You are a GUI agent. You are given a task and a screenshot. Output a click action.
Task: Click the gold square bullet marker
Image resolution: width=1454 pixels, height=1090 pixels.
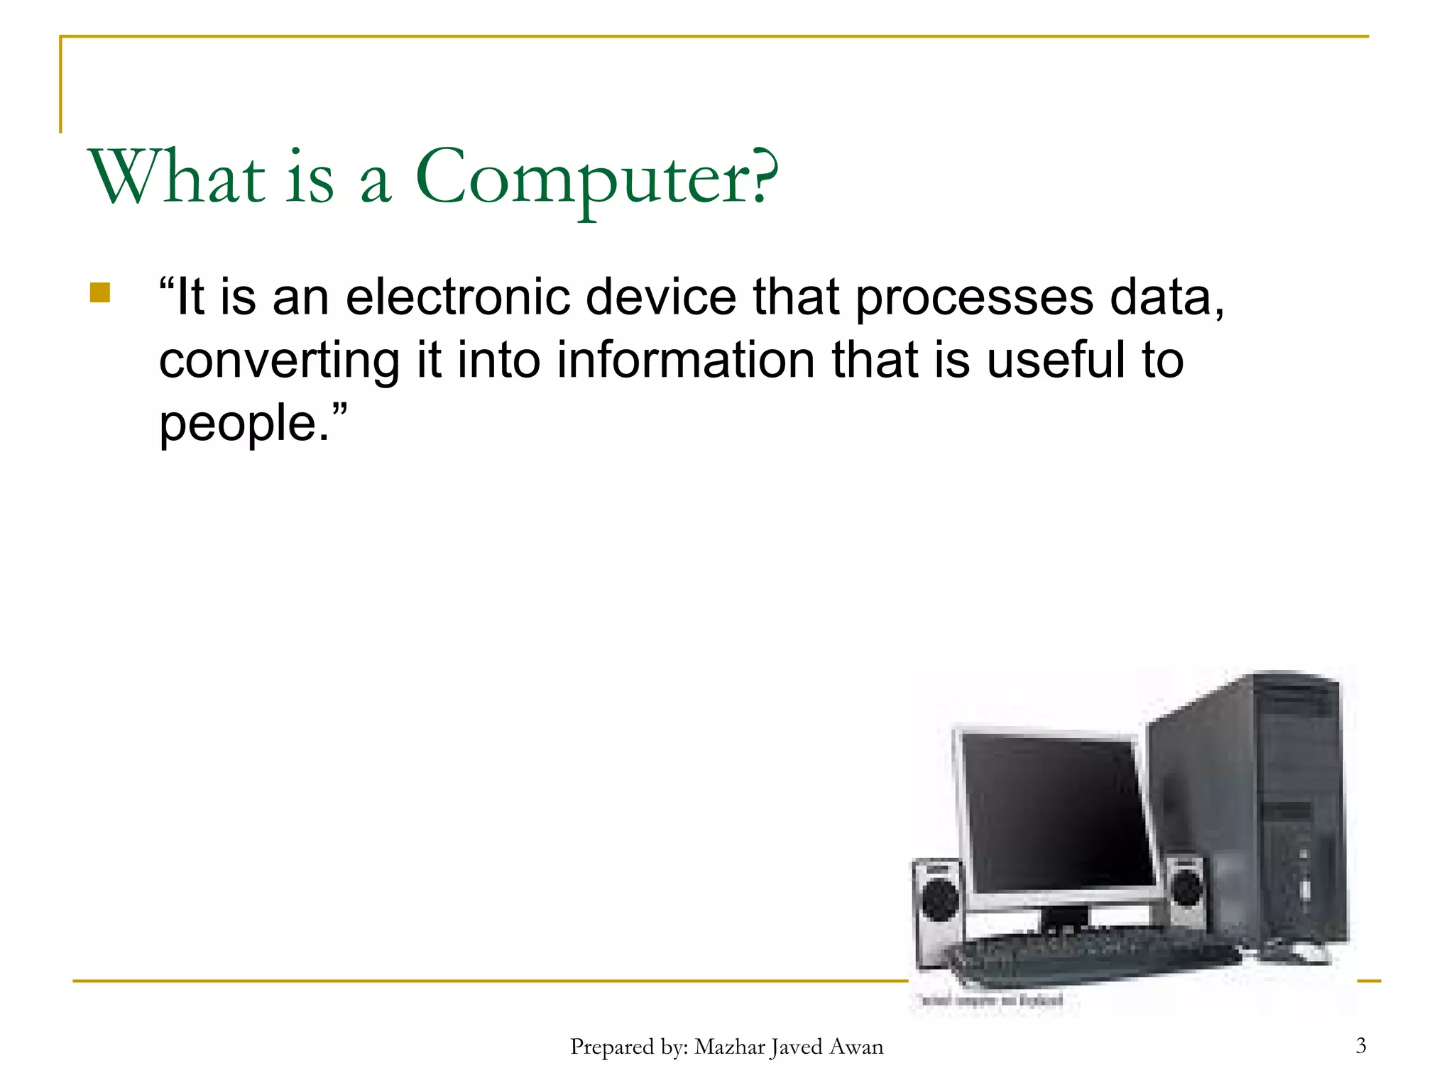pyautogui.click(x=100, y=293)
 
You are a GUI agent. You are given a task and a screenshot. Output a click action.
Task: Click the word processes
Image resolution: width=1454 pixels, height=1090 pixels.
pyautogui.click(x=974, y=298)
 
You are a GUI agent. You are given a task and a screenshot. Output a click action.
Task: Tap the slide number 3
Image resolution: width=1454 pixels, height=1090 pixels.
pyautogui.click(x=1360, y=1045)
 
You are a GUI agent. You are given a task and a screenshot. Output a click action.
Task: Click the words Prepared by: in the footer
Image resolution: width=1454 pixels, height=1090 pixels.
pyautogui.click(x=629, y=1047)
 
